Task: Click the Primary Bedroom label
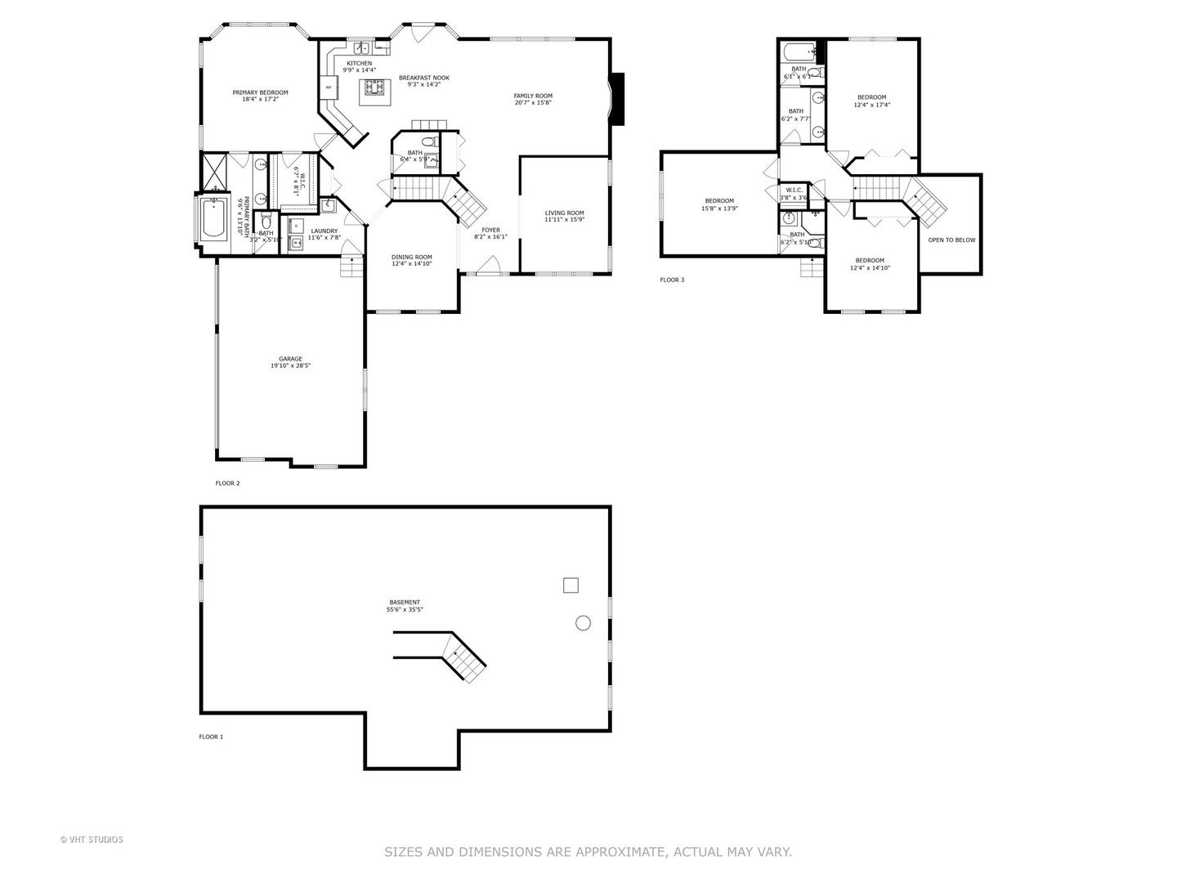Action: (x=260, y=92)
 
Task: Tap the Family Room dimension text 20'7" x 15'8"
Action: (x=533, y=103)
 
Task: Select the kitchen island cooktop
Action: (x=374, y=87)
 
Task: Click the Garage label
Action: (x=290, y=359)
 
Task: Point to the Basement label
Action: (x=405, y=603)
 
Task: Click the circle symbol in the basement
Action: (x=583, y=623)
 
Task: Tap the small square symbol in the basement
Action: (x=571, y=585)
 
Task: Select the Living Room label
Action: (x=564, y=213)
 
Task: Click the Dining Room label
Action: (x=411, y=257)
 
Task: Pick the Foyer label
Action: (x=490, y=231)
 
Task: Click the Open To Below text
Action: (x=951, y=240)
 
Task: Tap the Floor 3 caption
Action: (x=672, y=280)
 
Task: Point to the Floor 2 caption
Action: (x=227, y=483)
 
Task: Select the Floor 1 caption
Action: (x=211, y=737)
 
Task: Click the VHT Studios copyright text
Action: (x=92, y=840)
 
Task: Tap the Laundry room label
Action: (x=324, y=231)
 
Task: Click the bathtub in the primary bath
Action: (x=214, y=218)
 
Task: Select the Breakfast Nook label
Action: (x=423, y=78)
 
